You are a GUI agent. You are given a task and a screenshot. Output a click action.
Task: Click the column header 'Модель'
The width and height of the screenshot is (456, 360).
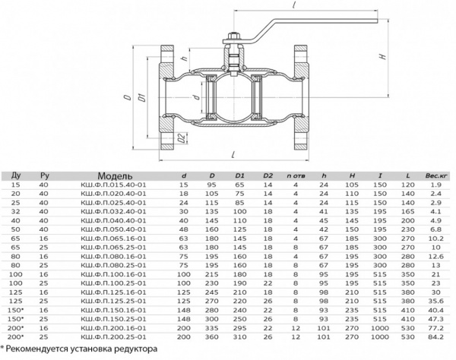tap(115, 175)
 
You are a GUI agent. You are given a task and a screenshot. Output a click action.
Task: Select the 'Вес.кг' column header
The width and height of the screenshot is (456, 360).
tap(436, 175)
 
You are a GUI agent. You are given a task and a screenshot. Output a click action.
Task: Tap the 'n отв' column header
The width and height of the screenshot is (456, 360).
tap(296, 175)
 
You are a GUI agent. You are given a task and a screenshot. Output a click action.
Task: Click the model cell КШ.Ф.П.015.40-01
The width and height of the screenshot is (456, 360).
tap(113, 185)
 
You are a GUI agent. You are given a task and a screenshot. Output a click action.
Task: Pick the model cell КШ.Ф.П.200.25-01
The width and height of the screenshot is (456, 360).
tap(113, 337)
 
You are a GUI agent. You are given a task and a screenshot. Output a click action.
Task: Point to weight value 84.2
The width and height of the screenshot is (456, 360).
tap(436, 337)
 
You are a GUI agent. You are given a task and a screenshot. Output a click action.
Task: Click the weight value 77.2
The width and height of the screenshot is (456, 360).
tap(436, 328)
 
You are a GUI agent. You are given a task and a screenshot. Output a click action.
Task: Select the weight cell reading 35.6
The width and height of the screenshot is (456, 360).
tap(436, 301)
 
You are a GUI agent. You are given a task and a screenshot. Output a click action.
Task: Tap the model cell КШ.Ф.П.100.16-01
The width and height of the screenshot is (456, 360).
tap(113, 274)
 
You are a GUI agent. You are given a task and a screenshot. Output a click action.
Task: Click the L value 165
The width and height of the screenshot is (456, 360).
tap(408, 212)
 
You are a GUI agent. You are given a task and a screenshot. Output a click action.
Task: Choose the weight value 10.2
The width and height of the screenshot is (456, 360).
tap(436, 238)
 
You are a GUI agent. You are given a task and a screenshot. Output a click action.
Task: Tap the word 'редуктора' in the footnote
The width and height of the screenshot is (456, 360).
tap(135, 349)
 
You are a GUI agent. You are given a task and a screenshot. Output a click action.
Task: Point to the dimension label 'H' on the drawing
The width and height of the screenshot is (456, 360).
tap(384, 56)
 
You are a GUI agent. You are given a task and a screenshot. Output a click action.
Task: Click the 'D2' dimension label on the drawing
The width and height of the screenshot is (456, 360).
tap(182, 138)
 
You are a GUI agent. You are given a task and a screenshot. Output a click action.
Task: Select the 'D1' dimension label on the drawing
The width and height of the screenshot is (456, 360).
tap(143, 97)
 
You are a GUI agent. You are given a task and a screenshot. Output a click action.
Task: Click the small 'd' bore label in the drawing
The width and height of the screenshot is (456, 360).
tap(197, 96)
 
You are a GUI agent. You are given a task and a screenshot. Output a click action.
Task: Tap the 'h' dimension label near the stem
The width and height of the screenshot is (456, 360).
tap(184, 58)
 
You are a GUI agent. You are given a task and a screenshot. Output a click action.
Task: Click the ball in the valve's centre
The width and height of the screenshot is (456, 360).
tap(233, 97)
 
